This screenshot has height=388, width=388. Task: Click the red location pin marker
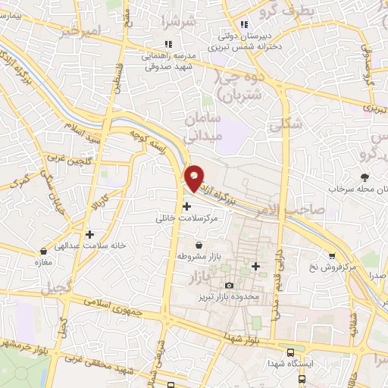tap(194, 177)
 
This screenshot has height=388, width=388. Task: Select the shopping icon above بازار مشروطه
tap(199, 246)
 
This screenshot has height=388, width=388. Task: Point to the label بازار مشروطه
tap(199, 257)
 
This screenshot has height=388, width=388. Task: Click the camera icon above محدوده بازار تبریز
tap(229, 284)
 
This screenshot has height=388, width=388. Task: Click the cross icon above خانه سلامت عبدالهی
tap(89, 235)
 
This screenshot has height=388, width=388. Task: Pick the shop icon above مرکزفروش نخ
tap(331, 256)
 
